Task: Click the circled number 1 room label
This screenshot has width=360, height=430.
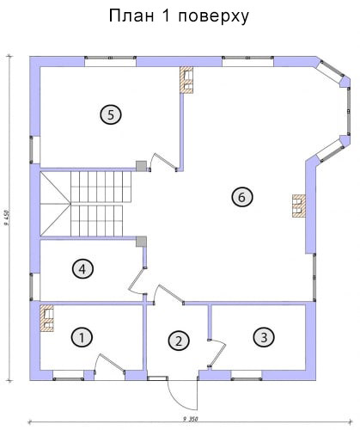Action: [x=82, y=337]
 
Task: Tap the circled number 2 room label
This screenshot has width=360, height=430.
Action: [x=179, y=341]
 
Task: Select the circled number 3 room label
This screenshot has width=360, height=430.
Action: [x=264, y=337]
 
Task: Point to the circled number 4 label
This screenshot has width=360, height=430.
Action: [x=82, y=269]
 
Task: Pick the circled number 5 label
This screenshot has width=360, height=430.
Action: [x=111, y=114]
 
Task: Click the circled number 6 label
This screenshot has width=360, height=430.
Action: [x=242, y=197]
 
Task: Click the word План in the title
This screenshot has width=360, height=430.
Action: [x=131, y=16]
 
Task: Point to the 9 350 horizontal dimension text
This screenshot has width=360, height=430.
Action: [x=191, y=419]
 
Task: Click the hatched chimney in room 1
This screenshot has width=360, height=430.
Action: [x=46, y=318]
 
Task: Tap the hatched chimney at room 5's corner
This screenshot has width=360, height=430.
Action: [x=186, y=80]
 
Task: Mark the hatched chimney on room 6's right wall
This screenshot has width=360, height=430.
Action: [x=299, y=206]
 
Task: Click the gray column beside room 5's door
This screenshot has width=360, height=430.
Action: [x=141, y=166]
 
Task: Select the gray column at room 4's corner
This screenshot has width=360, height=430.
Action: [x=141, y=242]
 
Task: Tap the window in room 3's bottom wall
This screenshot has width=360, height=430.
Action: [x=247, y=375]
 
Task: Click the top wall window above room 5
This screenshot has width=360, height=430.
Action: [x=110, y=61]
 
